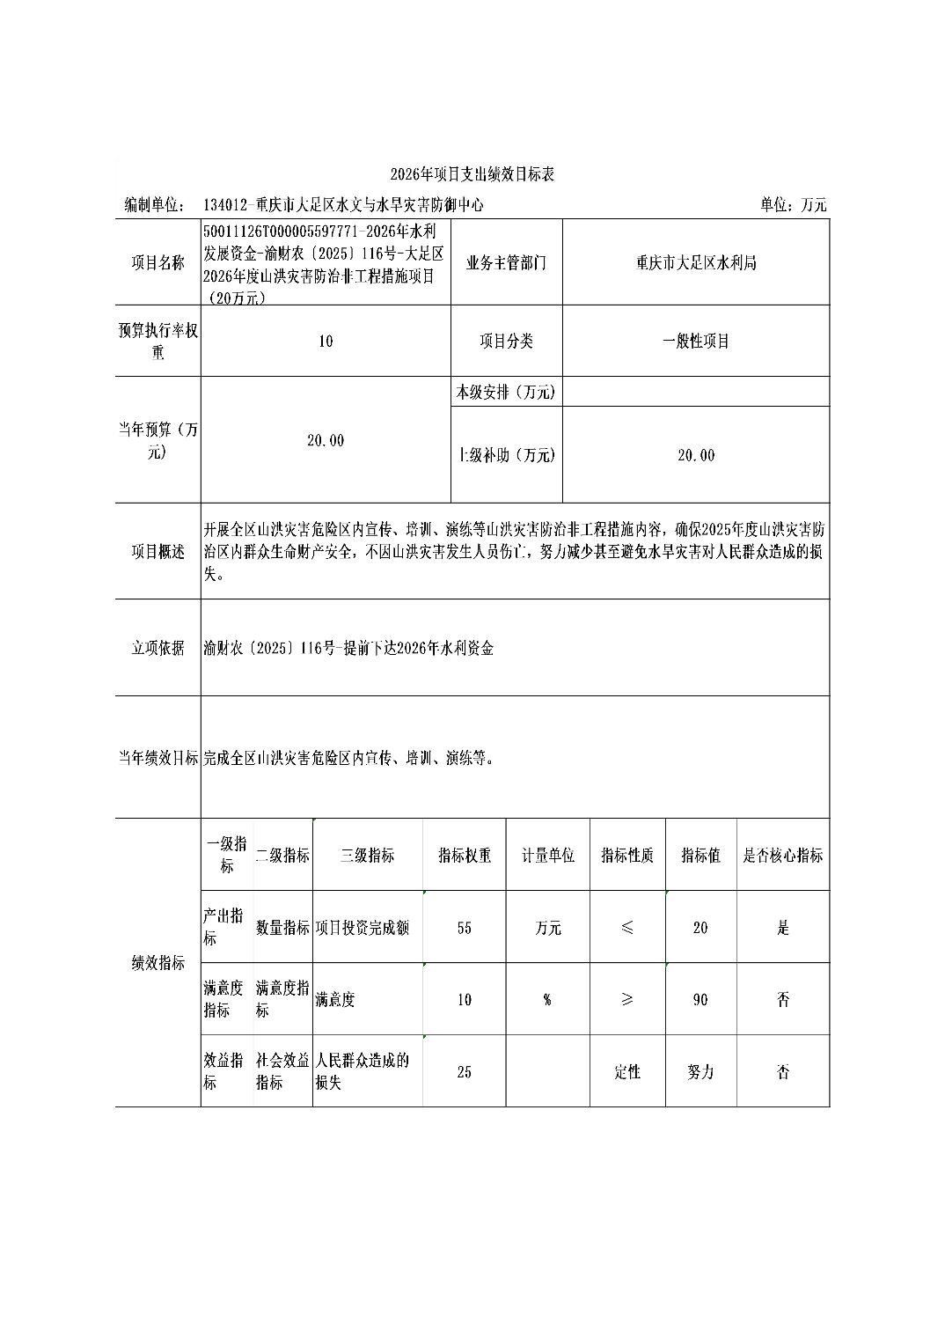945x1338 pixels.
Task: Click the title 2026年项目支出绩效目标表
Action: pyautogui.click(x=472, y=174)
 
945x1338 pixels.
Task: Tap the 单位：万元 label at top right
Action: pyautogui.click(x=794, y=205)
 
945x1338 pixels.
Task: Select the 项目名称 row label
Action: pyautogui.click(x=158, y=262)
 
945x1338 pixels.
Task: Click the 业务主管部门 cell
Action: pyautogui.click(x=506, y=262)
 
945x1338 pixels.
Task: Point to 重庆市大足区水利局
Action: pyautogui.click(x=696, y=262)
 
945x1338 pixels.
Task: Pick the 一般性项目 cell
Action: pyautogui.click(x=696, y=342)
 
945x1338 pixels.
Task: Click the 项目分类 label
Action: pyautogui.click(x=506, y=342)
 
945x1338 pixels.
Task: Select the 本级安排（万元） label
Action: pyautogui.click(x=506, y=393)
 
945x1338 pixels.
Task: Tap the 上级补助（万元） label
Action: pyautogui.click(x=506, y=455)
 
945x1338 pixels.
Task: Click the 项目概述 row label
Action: pyautogui.click(x=158, y=552)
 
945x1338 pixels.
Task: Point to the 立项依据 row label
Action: pyautogui.click(x=158, y=648)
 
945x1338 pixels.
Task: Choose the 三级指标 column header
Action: pyautogui.click(x=367, y=856)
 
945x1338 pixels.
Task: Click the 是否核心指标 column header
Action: pyautogui.click(x=783, y=856)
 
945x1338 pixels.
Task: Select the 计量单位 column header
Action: pyautogui.click(x=548, y=856)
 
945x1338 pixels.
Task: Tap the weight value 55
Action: pyautogui.click(x=465, y=928)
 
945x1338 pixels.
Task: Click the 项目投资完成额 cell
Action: pyautogui.click(x=363, y=928)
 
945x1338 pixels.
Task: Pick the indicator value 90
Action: pyautogui.click(x=700, y=1000)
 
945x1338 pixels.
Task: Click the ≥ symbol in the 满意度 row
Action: pyautogui.click(x=627, y=1000)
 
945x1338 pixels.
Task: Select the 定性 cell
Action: pyautogui.click(x=627, y=1072)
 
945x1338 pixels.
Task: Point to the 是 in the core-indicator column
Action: pyautogui.click(x=783, y=928)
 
